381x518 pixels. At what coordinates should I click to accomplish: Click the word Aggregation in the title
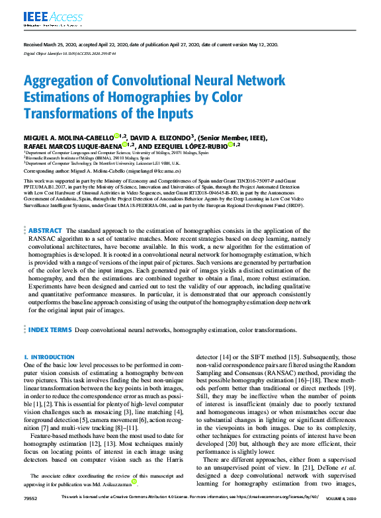click(x=62, y=81)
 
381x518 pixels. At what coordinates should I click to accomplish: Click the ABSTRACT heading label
click(x=46, y=231)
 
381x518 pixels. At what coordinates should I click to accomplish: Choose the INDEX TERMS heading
click(x=50, y=329)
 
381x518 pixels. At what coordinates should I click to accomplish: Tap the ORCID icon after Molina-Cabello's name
click(x=116, y=136)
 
